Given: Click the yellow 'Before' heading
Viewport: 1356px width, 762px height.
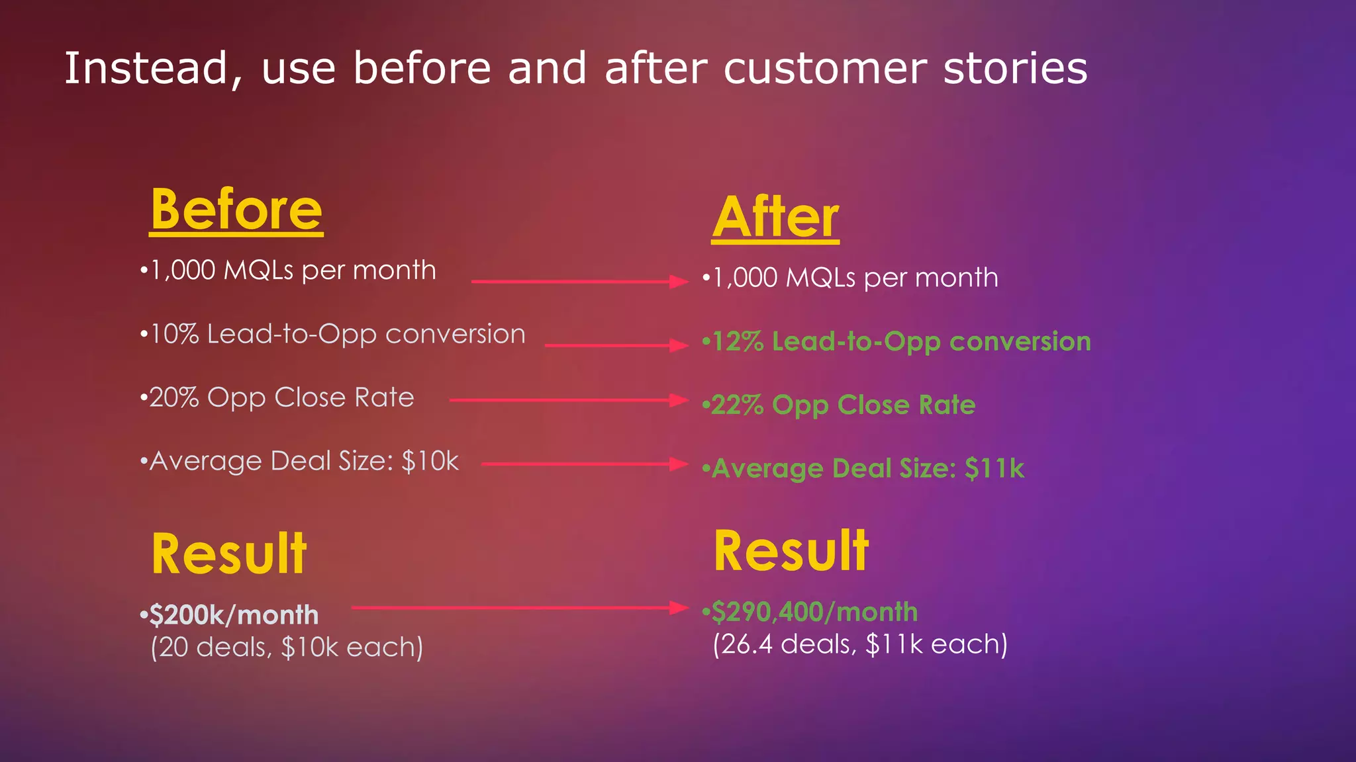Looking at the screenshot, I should click(236, 210).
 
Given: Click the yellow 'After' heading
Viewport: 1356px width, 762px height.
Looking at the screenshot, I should click(775, 218).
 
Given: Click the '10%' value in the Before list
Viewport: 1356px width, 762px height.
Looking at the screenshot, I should click(175, 334).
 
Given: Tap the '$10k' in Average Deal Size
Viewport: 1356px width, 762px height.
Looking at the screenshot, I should click(430, 461).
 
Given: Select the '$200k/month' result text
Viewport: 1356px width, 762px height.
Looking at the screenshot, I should click(233, 615).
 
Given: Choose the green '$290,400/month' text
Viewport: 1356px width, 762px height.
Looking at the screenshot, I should click(814, 612).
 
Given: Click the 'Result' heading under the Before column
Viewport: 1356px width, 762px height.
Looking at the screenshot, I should click(229, 554).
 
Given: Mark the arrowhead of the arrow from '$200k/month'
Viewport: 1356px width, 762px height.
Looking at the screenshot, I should click(679, 607).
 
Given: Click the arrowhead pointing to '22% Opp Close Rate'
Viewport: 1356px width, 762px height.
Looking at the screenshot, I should click(679, 400).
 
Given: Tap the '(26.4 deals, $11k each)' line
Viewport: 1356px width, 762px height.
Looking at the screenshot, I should click(860, 644).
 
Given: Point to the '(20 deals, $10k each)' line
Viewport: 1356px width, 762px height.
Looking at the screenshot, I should click(287, 647).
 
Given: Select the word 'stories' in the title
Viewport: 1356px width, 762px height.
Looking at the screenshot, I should click(1015, 68).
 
